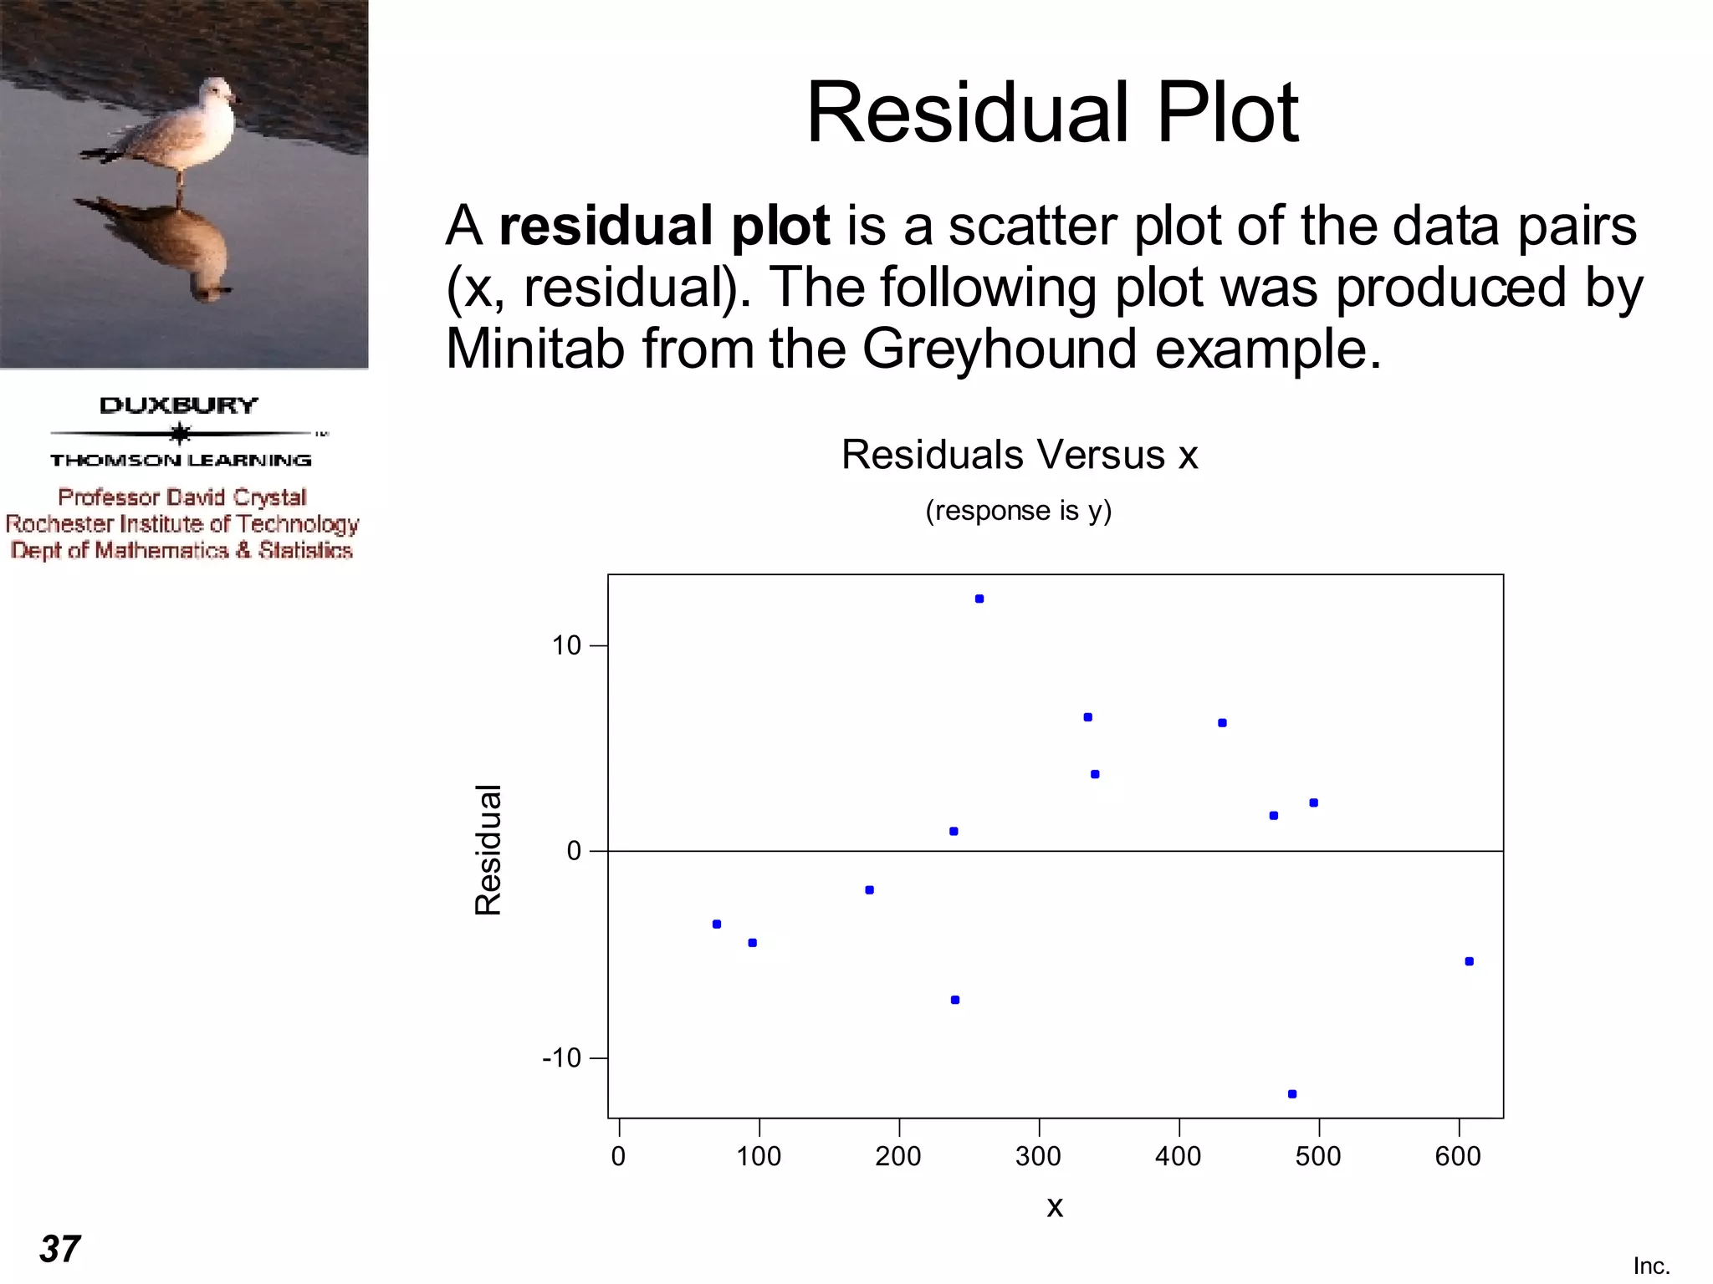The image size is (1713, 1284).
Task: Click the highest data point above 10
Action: point(979,599)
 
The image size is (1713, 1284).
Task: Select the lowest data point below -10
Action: point(1292,1093)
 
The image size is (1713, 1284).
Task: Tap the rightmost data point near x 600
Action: point(1470,961)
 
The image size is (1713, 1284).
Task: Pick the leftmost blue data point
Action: point(717,924)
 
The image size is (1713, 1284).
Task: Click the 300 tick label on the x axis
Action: point(1038,1156)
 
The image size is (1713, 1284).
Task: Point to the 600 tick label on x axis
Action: point(1458,1156)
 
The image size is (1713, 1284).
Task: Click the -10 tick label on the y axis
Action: point(561,1058)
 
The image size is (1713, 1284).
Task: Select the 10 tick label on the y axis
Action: point(566,645)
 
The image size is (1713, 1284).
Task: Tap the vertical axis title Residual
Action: point(488,849)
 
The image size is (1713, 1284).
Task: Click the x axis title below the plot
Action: point(1055,1206)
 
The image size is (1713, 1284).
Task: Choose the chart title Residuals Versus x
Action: point(1020,455)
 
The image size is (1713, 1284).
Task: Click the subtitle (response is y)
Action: point(1018,510)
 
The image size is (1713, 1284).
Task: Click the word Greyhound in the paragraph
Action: point(1000,348)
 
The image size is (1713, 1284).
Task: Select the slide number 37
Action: point(60,1249)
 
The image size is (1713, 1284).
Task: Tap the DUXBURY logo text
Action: point(179,405)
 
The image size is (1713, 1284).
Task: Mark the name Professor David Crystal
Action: point(182,497)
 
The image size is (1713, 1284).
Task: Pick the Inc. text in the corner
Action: point(1651,1266)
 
